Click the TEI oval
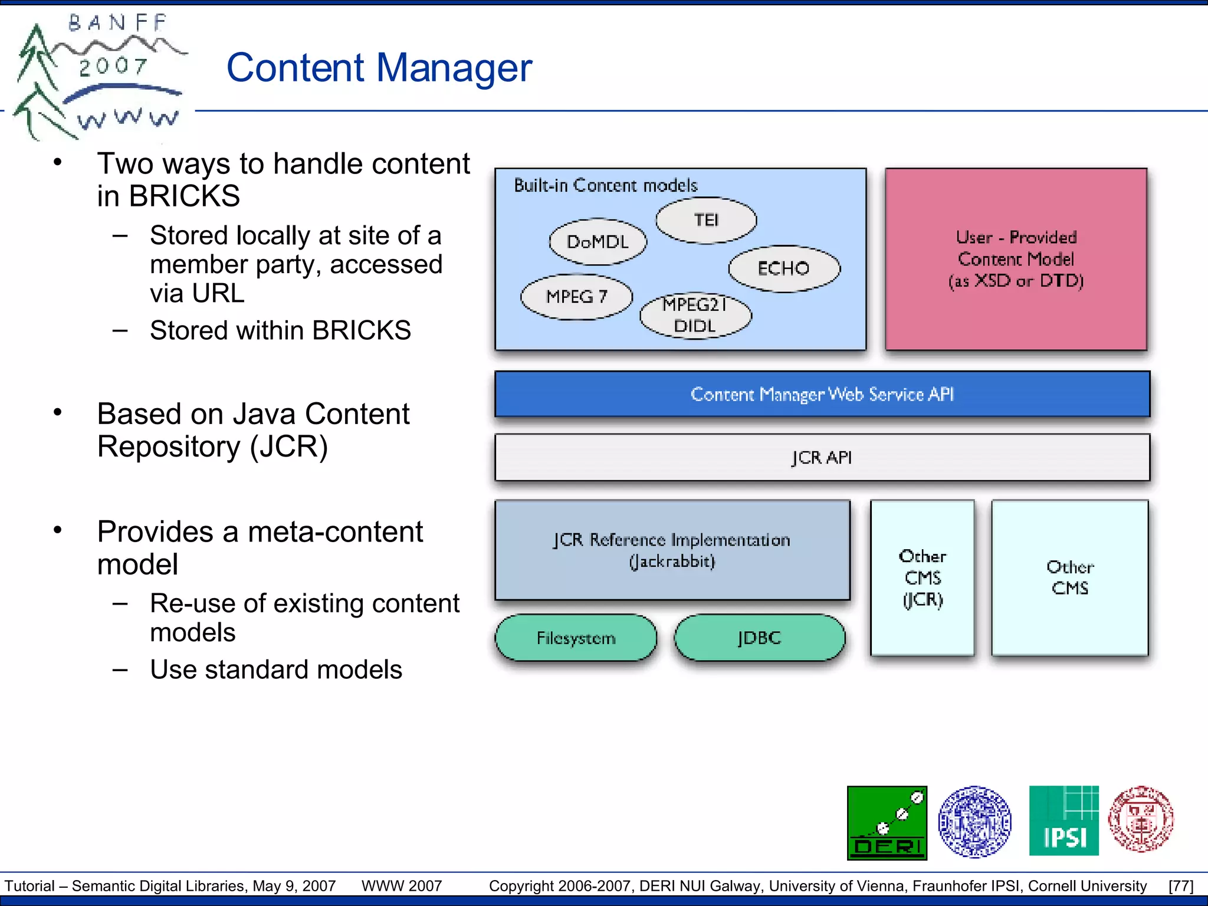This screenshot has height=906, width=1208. pyautogui.click(x=706, y=221)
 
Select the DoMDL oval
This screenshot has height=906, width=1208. pyautogui.click(x=598, y=242)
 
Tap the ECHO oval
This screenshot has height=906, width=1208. pyautogui.click(x=784, y=269)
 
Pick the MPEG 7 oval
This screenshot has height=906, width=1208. pyautogui.click(x=576, y=297)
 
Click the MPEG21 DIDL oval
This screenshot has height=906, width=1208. pyautogui.click(x=695, y=316)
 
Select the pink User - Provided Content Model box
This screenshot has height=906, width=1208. pyautogui.click(x=1016, y=260)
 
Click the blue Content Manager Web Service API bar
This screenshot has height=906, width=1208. pyautogui.click(x=822, y=394)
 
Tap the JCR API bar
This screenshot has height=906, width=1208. pyautogui.click(x=822, y=458)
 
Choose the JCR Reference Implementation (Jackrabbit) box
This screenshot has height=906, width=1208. pyautogui.click(x=672, y=550)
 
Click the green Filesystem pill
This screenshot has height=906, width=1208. pyautogui.click(x=576, y=638)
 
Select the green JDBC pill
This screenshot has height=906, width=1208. pyautogui.click(x=759, y=638)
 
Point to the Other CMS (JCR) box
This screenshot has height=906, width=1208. pyautogui.click(x=923, y=578)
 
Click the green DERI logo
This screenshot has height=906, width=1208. pyautogui.click(x=887, y=823)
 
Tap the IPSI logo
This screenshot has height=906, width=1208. pyautogui.click(x=1063, y=821)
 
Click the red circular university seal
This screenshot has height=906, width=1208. pyautogui.click(x=1140, y=819)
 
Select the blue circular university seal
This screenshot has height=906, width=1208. pyautogui.click(x=974, y=822)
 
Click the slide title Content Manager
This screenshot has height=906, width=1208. pyautogui.click(x=379, y=68)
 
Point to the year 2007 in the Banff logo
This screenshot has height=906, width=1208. pyautogui.click(x=113, y=66)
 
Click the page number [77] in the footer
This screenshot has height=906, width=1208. pyautogui.click(x=1180, y=886)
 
